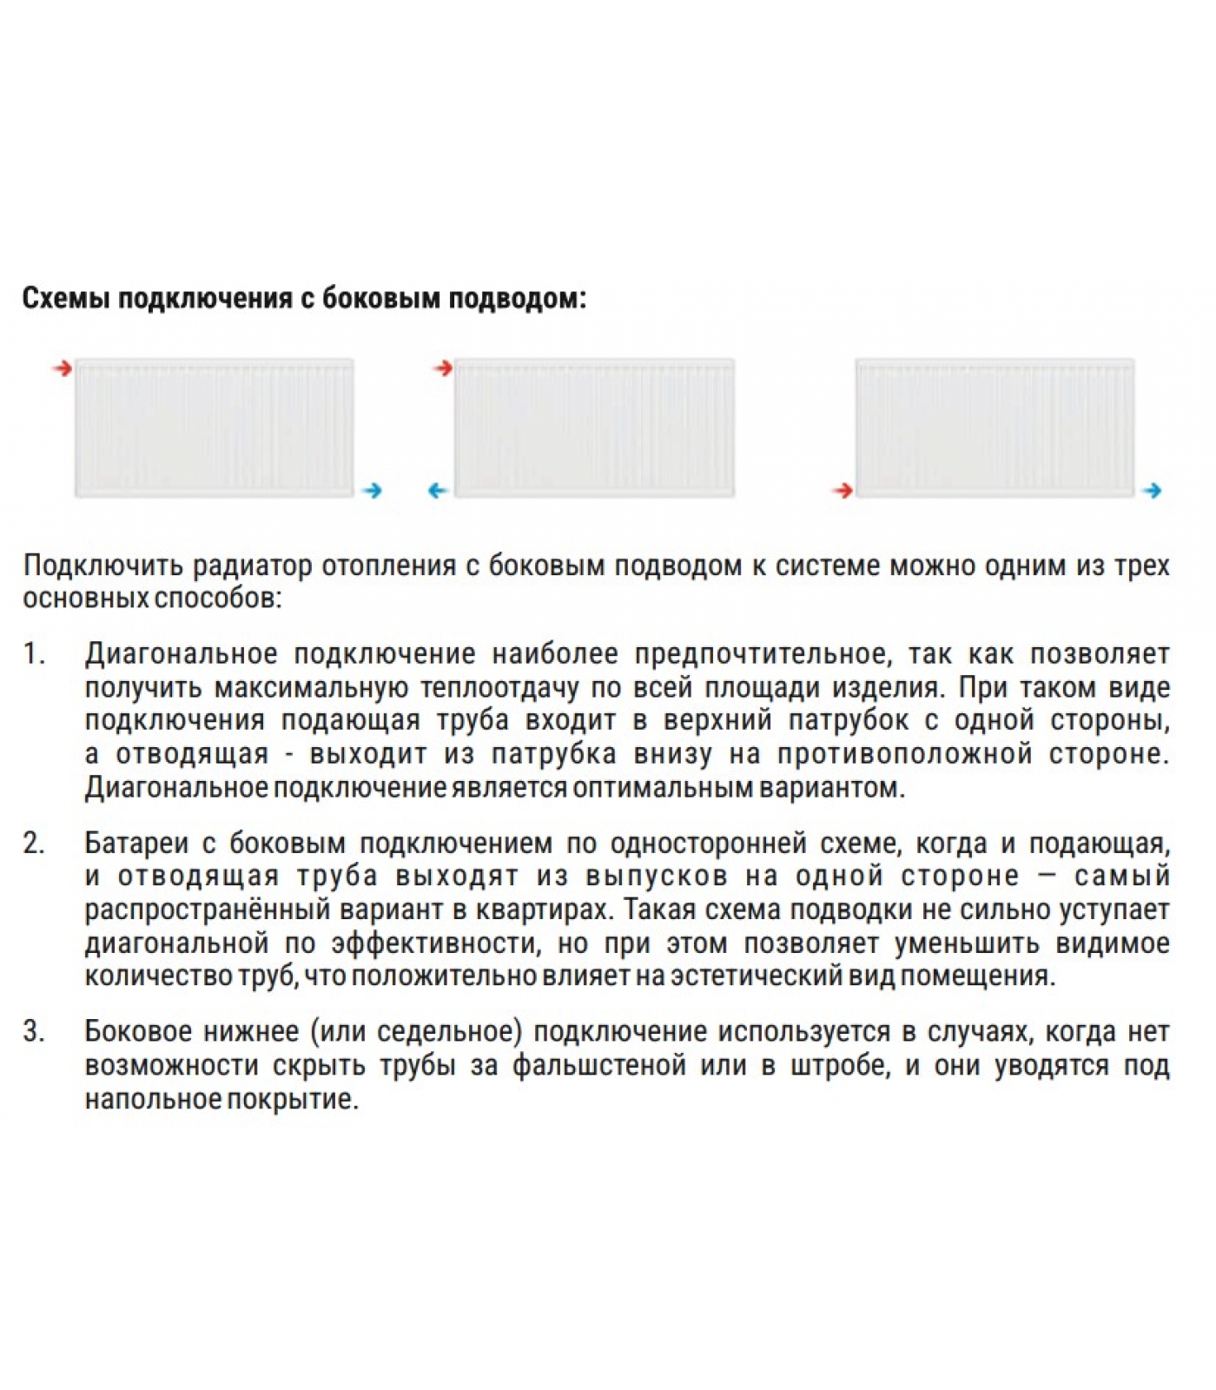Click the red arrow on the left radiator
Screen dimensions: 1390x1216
coord(61,368)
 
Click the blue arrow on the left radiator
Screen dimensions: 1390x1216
coord(373,491)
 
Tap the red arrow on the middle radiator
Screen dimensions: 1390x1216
coord(443,368)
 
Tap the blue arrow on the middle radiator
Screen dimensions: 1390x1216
coord(438,491)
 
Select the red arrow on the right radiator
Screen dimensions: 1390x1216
coord(842,491)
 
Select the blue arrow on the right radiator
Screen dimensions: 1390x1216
coord(1152,491)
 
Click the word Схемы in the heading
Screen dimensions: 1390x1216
coord(65,298)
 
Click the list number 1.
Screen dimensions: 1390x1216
coord(34,654)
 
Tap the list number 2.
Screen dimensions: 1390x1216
coord(34,844)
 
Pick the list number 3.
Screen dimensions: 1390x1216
coord(34,1032)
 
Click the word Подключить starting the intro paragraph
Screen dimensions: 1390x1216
coord(102,566)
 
